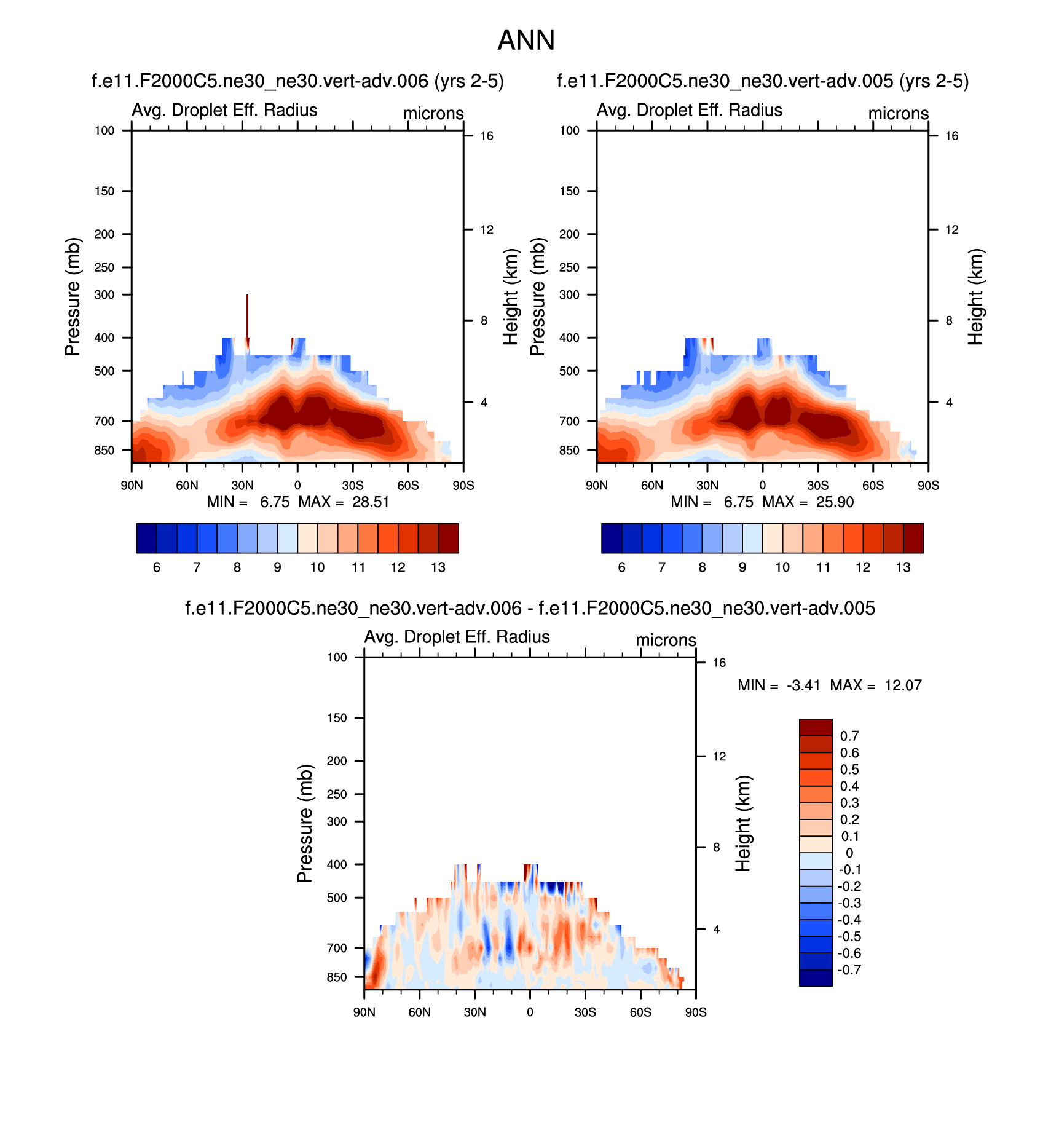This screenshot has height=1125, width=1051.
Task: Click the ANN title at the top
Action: [525, 41]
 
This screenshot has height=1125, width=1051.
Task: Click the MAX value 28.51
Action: [371, 502]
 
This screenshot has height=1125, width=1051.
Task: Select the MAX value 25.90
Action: [835, 502]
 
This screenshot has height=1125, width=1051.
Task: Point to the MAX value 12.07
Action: [903, 685]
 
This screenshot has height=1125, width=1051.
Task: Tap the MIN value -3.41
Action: [803, 685]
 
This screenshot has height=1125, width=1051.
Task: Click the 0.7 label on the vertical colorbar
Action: [849, 736]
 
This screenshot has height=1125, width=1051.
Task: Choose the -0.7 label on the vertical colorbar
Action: [849, 969]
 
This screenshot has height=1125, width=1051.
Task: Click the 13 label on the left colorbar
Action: [438, 567]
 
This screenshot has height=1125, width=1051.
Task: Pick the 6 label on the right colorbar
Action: [621, 567]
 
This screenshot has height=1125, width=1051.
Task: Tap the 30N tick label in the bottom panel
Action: [474, 1012]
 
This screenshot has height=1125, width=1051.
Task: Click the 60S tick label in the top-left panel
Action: [408, 486]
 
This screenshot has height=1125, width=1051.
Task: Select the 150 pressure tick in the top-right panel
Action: [569, 191]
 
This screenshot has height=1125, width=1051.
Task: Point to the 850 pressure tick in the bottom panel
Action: [337, 977]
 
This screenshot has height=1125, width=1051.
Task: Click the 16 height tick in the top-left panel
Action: [487, 136]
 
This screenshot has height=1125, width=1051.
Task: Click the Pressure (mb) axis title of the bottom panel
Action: [305, 824]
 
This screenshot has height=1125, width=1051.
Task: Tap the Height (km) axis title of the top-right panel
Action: [975, 296]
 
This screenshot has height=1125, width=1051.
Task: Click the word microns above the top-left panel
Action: [433, 114]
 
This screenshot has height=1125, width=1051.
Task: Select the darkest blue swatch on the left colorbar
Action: [146, 539]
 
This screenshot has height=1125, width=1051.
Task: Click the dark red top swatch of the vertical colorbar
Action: [816, 727]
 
